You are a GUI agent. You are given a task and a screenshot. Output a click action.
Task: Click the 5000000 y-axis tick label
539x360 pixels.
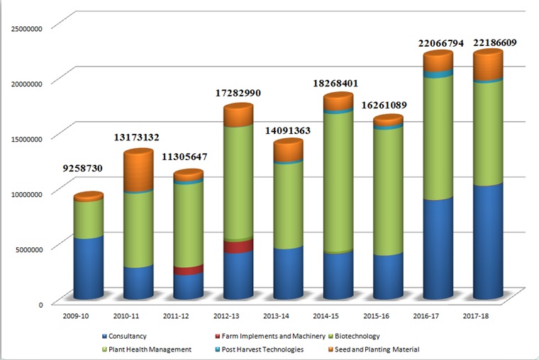click(x=27, y=248)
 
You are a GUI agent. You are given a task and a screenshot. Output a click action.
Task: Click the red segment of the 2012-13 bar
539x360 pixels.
click(x=238, y=247)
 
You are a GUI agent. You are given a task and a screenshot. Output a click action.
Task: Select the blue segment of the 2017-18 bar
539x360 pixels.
click(x=487, y=241)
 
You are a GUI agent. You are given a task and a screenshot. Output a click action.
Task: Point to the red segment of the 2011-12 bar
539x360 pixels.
click(x=188, y=271)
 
